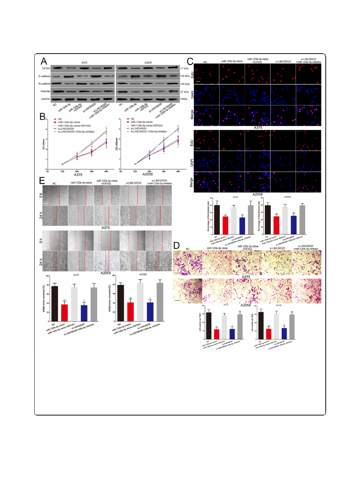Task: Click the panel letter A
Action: pos(44,62)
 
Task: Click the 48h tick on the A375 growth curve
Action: pos(106,170)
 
